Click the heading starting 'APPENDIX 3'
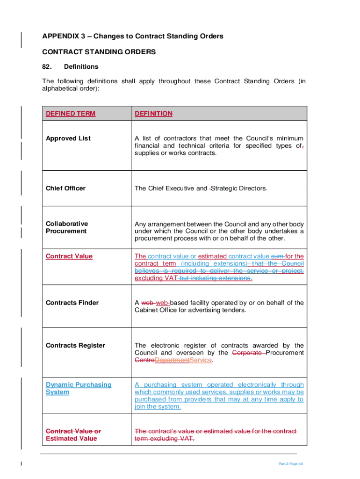tap(132, 36)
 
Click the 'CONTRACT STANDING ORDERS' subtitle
tap(99, 52)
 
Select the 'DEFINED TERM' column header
tap(71, 114)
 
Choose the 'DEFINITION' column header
tap(153, 114)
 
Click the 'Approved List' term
tap(68, 138)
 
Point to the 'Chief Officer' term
tap(65, 189)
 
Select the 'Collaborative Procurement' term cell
tap(67, 227)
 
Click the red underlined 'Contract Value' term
tap(69, 256)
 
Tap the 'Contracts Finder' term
tap(72, 303)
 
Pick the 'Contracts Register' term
tap(75, 346)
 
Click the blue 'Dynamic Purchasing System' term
tap(79, 388)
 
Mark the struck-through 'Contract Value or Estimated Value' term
tap(73, 435)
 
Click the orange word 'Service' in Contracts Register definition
tap(201, 361)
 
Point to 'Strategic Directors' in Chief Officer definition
tap(239, 189)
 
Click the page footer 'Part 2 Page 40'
tap(291, 464)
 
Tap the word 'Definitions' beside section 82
tap(81, 66)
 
